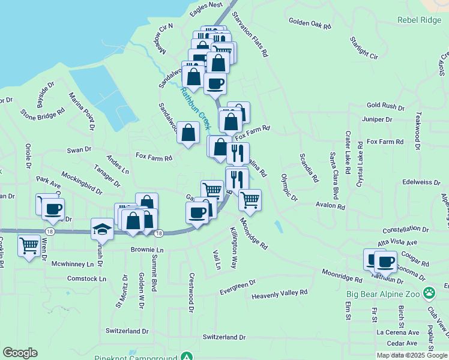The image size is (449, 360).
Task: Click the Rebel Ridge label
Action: pos(419,19)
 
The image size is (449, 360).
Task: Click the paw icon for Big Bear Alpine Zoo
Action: pos(429,293)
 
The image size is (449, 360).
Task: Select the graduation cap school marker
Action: pos(101,230)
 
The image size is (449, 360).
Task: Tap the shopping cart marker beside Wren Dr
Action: pos(29,245)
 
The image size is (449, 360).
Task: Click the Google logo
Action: pos(20,353)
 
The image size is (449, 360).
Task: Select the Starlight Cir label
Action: pos(364,49)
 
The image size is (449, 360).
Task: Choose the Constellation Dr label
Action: pos(408,230)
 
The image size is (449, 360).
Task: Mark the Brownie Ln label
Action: pos(146,250)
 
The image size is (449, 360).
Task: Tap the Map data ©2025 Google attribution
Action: pos(412,355)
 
